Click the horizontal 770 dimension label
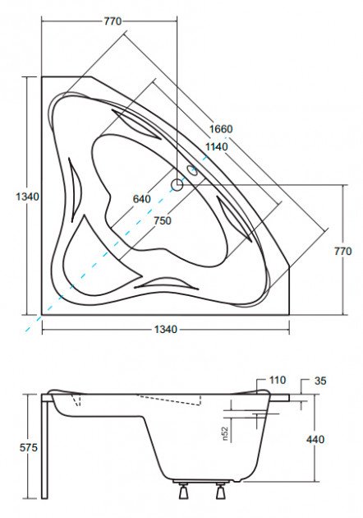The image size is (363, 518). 113,21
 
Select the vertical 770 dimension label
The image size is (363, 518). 342,252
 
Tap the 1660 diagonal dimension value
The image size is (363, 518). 221,128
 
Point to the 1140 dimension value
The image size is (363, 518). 217,146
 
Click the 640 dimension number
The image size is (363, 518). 141,199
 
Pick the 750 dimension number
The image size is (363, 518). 163,220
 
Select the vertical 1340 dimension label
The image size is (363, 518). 27,197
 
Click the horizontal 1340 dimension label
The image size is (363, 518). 166,329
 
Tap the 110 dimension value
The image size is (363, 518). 278,380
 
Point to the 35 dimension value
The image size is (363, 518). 320,381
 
